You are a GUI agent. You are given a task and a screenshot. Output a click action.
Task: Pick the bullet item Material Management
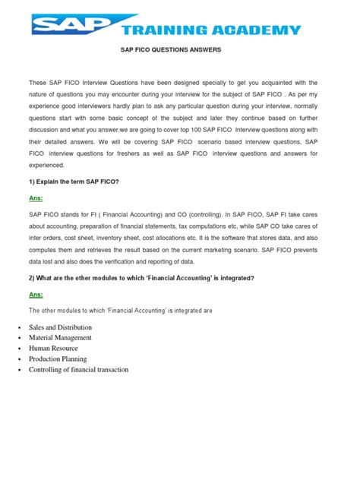click(x=61, y=337)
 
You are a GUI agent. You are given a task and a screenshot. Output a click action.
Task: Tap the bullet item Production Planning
click(x=58, y=358)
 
